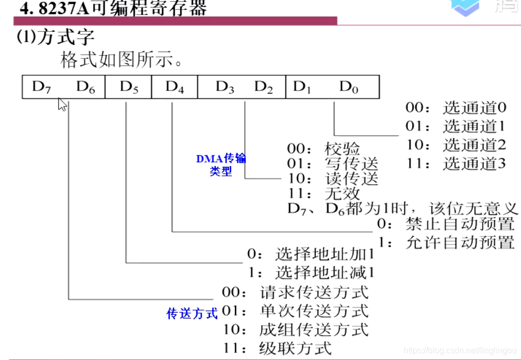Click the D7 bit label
tap(42, 87)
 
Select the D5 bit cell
tap(128, 87)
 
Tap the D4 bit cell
tap(175, 87)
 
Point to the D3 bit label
tap(225, 87)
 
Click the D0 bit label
tap(348, 87)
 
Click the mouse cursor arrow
tap(62, 104)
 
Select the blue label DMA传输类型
tap(221, 165)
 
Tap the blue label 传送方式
tap(192, 314)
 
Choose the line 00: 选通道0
tap(455, 108)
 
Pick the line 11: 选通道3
tap(455, 163)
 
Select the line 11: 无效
tap(324, 193)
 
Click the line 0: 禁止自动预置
tap(445, 224)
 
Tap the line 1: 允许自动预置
tap(445, 243)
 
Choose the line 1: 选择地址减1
tap(311, 273)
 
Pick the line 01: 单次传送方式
tap(295, 311)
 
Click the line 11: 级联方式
tap(277, 348)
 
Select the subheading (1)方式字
tap(56, 38)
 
